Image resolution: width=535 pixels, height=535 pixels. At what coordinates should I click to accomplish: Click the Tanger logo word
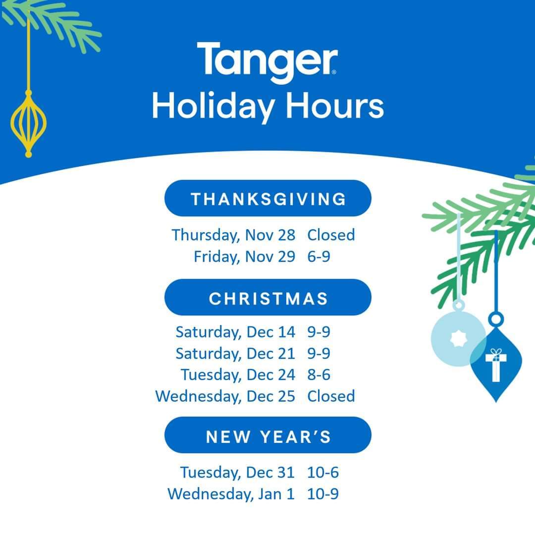point(267,62)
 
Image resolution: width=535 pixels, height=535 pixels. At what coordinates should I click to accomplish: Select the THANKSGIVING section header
point(268,198)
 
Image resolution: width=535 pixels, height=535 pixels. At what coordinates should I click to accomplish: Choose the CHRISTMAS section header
point(268,298)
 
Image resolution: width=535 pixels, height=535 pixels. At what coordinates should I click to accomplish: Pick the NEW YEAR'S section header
point(268,435)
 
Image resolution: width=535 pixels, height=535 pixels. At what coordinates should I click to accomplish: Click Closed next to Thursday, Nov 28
point(331,235)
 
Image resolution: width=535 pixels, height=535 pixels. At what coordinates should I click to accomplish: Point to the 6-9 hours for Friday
point(319,257)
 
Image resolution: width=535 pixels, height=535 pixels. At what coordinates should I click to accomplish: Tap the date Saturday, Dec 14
point(235,332)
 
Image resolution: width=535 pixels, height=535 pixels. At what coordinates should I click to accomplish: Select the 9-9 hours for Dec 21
point(319,354)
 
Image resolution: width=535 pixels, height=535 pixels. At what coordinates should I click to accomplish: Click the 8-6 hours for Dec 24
point(319,374)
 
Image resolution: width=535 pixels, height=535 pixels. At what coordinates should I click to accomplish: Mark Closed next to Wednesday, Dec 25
point(331,396)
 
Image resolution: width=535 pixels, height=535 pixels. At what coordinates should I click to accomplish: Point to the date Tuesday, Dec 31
point(237,473)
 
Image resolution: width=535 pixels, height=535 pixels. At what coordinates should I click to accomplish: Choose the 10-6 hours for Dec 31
point(323,473)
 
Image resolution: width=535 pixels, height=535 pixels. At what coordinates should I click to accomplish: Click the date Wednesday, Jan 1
point(231,494)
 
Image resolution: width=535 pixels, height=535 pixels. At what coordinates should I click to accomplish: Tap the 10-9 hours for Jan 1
point(323,494)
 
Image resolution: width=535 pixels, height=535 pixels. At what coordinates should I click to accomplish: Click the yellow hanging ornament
point(29,123)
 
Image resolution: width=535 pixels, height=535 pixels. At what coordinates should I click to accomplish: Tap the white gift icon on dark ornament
point(496,365)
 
